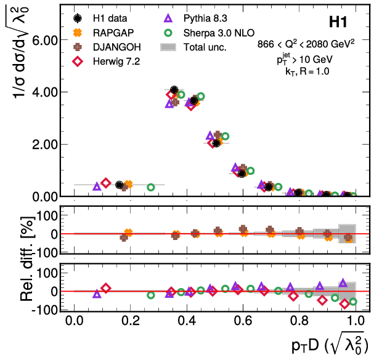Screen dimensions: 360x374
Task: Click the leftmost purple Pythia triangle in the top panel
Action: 97,186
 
